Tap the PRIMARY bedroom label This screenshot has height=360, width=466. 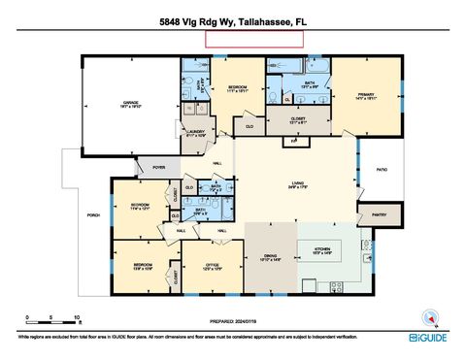[x=364, y=96]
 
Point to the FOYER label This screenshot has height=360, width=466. [x=158, y=167]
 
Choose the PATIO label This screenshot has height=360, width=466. [x=382, y=171]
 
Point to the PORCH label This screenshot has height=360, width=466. [x=94, y=214]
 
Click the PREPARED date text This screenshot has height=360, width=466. [x=234, y=320]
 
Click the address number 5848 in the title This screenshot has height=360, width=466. [x=175, y=19]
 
